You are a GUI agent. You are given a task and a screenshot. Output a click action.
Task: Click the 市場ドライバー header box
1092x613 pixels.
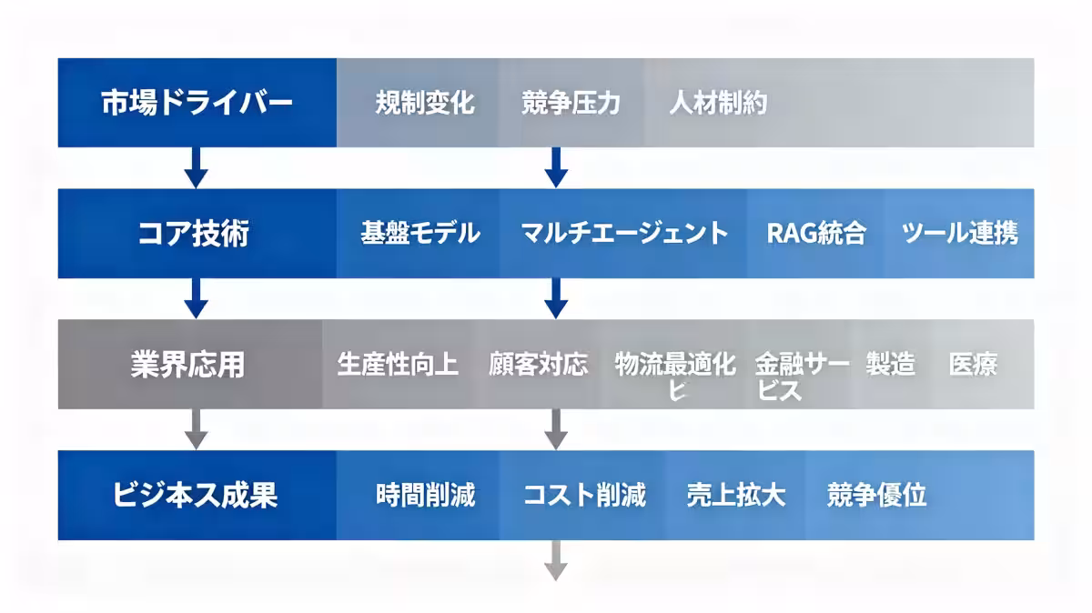pyautogui.click(x=197, y=103)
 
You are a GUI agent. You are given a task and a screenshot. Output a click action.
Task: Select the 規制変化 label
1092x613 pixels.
pyautogui.click(x=425, y=103)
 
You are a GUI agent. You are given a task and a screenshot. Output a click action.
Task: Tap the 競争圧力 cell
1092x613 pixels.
pyautogui.click(x=571, y=103)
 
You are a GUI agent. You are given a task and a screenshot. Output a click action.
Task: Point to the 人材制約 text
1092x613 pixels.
pyautogui.click(x=718, y=103)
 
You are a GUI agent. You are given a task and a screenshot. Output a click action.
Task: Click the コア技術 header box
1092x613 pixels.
pyautogui.click(x=197, y=234)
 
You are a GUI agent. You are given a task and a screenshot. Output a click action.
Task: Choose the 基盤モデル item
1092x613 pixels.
pyautogui.click(x=420, y=234)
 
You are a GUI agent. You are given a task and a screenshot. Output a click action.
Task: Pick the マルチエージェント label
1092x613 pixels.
pyautogui.click(x=624, y=234)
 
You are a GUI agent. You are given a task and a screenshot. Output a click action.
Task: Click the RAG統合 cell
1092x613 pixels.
pyautogui.click(x=816, y=234)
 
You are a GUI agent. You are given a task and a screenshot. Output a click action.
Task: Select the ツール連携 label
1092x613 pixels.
pyautogui.click(x=960, y=234)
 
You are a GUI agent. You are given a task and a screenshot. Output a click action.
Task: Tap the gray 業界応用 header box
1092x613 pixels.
pyautogui.click(x=190, y=365)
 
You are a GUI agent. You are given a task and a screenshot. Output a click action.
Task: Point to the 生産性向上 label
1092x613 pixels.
pyautogui.click(x=398, y=365)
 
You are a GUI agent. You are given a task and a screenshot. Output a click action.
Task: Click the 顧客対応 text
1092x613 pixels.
pyautogui.click(x=538, y=365)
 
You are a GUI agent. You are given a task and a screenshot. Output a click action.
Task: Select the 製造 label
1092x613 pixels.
pyautogui.click(x=890, y=365)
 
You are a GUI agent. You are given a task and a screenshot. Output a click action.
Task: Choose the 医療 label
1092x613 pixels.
pyautogui.click(x=973, y=365)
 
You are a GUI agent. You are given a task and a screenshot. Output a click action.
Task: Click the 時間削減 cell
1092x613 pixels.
pyautogui.click(x=425, y=496)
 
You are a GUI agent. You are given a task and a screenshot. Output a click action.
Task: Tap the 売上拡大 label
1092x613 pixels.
pyautogui.click(x=735, y=496)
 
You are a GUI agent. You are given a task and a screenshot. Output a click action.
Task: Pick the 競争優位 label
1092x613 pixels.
pyautogui.click(x=876, y=496)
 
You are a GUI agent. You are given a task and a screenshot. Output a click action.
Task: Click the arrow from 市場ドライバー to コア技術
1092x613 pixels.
pyautogui.click(x=197, y=167)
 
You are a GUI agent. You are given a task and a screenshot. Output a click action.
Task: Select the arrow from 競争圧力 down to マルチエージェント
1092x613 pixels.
pyautogui.click(x=557, y=167)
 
